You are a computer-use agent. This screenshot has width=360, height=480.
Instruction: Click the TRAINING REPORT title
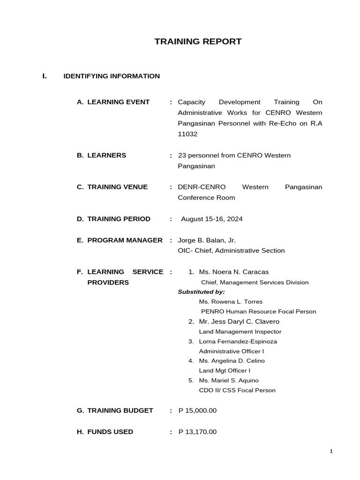click(198, 42)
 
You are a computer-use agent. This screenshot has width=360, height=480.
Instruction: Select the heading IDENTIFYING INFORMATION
click(112, 76)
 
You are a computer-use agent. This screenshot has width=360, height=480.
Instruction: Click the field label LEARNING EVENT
click(118, 102)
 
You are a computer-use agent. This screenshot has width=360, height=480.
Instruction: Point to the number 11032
click(187, 134)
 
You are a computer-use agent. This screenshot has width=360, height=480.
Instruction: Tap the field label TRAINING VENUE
click(117, 187)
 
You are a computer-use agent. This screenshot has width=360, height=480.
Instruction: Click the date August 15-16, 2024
click(212, 219)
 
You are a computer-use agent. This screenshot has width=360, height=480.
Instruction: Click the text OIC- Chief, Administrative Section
click(231, 251)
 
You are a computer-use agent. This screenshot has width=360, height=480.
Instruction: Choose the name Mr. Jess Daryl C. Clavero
click(239, 322)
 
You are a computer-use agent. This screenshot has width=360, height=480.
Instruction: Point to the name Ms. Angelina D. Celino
click(232, 361)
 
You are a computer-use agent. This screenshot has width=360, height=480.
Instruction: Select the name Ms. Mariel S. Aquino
click(229, 381)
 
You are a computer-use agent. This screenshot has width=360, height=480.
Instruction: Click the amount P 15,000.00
click(197, 411)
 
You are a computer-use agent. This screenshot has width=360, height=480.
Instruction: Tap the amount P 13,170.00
click(197, 432)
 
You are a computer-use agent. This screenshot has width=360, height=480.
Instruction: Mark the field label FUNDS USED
click(110, 432)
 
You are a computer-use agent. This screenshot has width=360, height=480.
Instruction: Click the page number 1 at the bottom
click(331, 451)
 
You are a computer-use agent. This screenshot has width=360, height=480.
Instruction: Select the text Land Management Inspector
click(240, 332)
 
